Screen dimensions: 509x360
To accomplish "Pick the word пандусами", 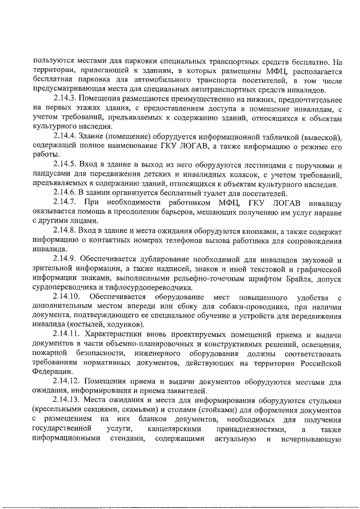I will tap(52, 174).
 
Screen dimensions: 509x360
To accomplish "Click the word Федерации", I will tap(52, 372).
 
